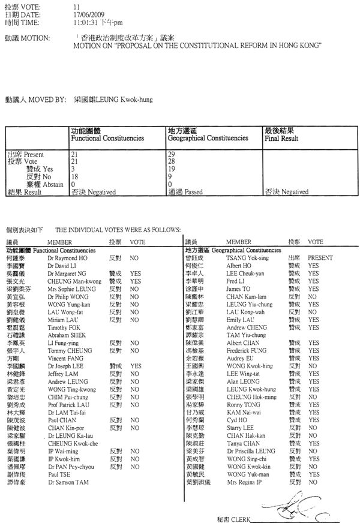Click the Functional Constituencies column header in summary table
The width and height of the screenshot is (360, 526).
click(107, 138)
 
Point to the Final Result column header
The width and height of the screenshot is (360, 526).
click(286, 138)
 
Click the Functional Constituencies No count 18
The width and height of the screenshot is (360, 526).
click(76, 176)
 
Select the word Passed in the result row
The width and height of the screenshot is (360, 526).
click(196, 192)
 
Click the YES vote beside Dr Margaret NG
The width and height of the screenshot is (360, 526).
click(135, 272)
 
